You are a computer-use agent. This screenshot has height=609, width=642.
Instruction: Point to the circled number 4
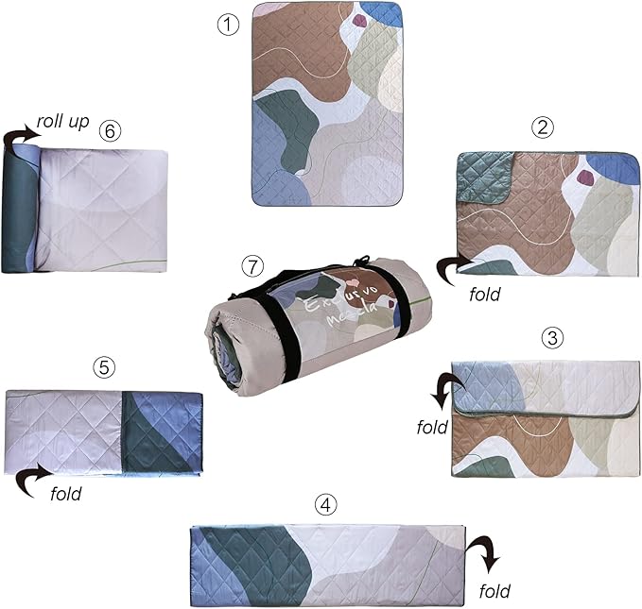pos(326,503)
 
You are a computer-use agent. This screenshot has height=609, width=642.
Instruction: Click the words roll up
pos(62,122)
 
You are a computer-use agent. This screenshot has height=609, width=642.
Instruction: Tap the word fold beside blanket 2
pos(484,294)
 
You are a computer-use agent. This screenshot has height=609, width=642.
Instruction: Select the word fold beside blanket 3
pos(431,427)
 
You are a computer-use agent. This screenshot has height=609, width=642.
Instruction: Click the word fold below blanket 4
pos(493,592)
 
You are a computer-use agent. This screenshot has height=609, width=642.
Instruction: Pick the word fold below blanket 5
pos(63,493)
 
